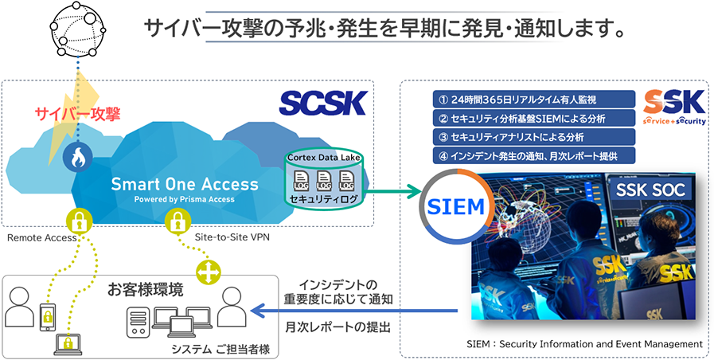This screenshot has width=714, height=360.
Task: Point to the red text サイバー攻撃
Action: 77,115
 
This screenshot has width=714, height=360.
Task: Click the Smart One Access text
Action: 185,184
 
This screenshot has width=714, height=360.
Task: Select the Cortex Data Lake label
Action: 324,158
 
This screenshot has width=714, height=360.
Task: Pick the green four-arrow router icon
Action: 209,273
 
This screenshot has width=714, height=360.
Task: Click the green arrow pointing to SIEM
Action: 395,191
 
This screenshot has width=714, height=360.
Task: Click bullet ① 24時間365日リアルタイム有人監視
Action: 517,100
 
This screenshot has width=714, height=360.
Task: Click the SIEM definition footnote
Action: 584,344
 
